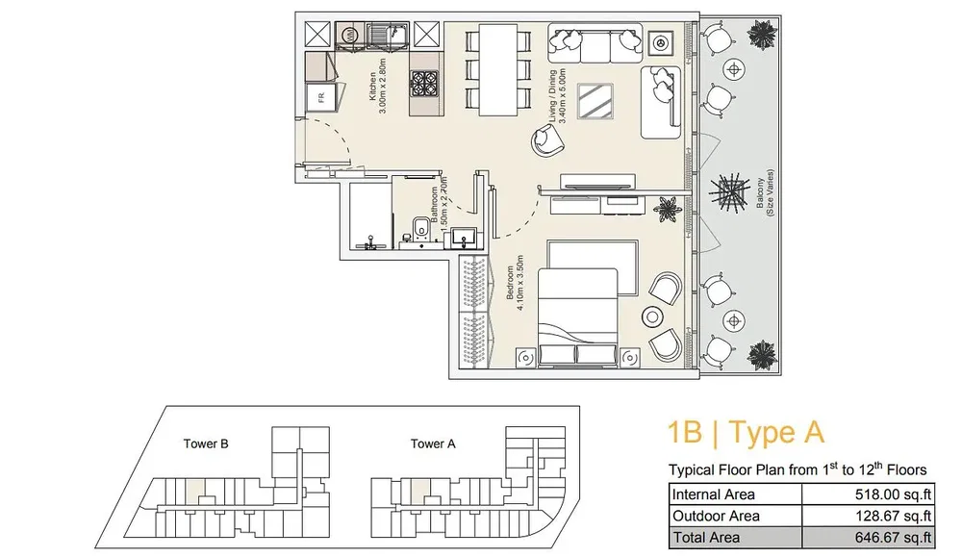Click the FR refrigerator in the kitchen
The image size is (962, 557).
click(x=321, y=97)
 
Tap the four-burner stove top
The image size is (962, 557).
click(x=424, y=83)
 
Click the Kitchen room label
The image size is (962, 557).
click(x=372, y=87)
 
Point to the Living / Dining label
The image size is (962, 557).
click(x=552, y=96)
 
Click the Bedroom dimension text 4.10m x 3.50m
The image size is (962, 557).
click(x=520, y=283)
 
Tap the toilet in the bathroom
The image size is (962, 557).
click(x=420, y=228)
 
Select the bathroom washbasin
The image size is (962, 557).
click(x=464, y=237)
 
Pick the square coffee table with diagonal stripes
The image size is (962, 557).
click(x=595, y=101)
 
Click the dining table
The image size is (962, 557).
click(x=497, y=69)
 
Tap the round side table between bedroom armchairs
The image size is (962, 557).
click(x=652, y=317)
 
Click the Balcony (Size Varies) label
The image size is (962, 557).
click(x=765, y=192)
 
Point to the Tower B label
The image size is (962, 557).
click(x=206, y=443)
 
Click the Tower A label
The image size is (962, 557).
click(x=433, y=443)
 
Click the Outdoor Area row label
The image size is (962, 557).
click(x=716, y=516)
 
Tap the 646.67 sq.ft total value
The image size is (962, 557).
click(x=894, y=538)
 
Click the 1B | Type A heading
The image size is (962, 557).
click(x=746, y=432)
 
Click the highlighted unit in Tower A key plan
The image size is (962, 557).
click(x=419, y=491)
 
